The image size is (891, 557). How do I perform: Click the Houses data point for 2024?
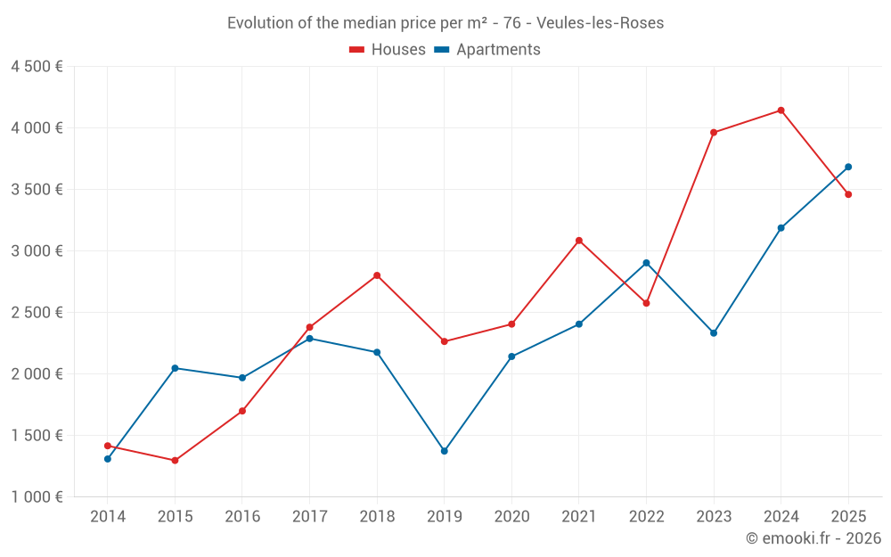781,111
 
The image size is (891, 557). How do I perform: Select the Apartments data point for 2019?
444,451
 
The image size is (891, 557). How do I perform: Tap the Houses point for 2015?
175,461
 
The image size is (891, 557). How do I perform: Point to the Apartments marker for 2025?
848,167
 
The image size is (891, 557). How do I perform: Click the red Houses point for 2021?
579,241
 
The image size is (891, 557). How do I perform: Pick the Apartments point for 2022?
646,263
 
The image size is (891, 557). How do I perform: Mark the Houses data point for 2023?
714,133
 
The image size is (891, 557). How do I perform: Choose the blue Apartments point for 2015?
175,368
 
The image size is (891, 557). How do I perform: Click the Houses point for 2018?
377,275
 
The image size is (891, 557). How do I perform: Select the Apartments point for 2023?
714,333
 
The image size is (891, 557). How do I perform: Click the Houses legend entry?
388,50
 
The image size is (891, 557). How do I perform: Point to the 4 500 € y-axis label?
37,67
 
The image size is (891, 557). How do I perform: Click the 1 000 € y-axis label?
37,497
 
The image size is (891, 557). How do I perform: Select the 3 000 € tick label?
37,251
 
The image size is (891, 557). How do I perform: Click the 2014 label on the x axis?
108,517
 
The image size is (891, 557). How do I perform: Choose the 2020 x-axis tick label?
511,517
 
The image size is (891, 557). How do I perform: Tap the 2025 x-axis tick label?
848,517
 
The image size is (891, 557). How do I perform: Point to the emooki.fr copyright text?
813,538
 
